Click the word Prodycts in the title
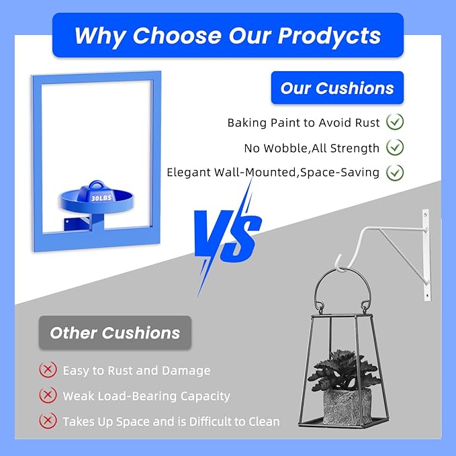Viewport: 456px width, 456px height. click(x=329, y=36)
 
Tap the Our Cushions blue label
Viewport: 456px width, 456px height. click(x=337, y=87)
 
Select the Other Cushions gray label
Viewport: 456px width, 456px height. click(x=115, y=332)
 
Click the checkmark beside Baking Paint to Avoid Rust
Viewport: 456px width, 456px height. click(x=395, y=122)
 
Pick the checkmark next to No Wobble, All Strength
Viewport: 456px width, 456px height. click(x=395, y=147)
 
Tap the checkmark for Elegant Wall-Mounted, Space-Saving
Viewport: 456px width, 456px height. click(x=395, y=173)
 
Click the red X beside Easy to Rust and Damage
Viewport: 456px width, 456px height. click(x=48, y=369)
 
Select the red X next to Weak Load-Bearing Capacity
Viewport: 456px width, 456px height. click(x=48, y=395)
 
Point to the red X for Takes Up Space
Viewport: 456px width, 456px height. click(x=48, y=420)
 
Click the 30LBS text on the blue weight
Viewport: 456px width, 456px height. click(x=101, y=198)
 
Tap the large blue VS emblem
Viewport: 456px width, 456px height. click(x=228, y=237)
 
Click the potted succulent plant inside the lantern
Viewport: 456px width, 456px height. click(x=343, y=369)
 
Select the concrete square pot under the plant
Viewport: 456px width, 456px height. click(x=347, y=406)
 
